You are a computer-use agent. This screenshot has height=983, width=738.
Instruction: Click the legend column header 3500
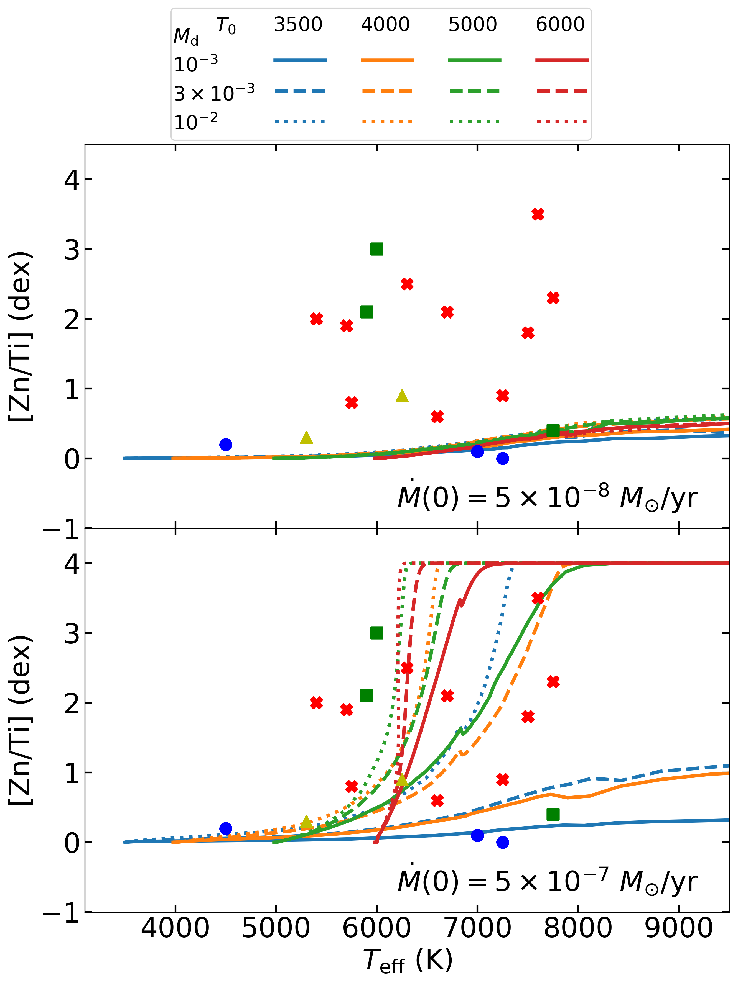(297, 24)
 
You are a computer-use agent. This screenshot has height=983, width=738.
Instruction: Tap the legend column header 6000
(560, 24)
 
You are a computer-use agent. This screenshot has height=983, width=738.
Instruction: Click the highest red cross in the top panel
(538, 214)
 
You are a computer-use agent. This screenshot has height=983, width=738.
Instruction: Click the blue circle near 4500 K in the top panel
(226, 444)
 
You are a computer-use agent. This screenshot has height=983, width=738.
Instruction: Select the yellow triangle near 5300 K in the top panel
(306, 438)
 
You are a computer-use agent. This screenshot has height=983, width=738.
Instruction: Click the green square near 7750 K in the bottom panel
(553, 814)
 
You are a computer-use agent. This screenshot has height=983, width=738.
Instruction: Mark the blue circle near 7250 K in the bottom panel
(503, 842)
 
